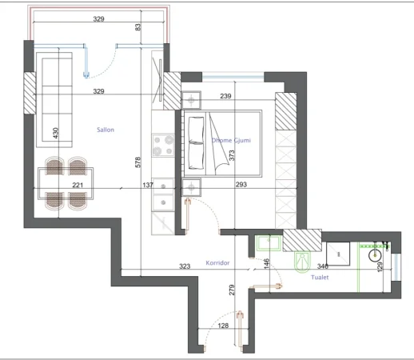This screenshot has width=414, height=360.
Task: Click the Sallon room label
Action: pyautogui.click(x=105, y=130)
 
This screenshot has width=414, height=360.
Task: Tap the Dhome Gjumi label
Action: pyautogui.click(x=231, y=140)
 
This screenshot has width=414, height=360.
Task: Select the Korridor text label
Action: pyautogui.click(x=218, y=262)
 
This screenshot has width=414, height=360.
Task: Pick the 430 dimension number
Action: pyautogui.click(x=55, y=134)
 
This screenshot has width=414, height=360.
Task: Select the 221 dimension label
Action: pyautogui.click(x=78, y=185)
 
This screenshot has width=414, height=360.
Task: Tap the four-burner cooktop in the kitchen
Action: pyautogui.click(x=163, y=144)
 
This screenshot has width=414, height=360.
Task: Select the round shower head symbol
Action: pyautogui.click(x=374, y=255)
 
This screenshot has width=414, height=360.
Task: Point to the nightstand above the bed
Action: pyautogui.click(x=193, y=100)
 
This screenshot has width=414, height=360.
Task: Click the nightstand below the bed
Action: pyautogui.click(x=193, y=186)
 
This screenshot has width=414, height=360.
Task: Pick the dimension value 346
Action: pyautogui.click(x=323, y=266)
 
